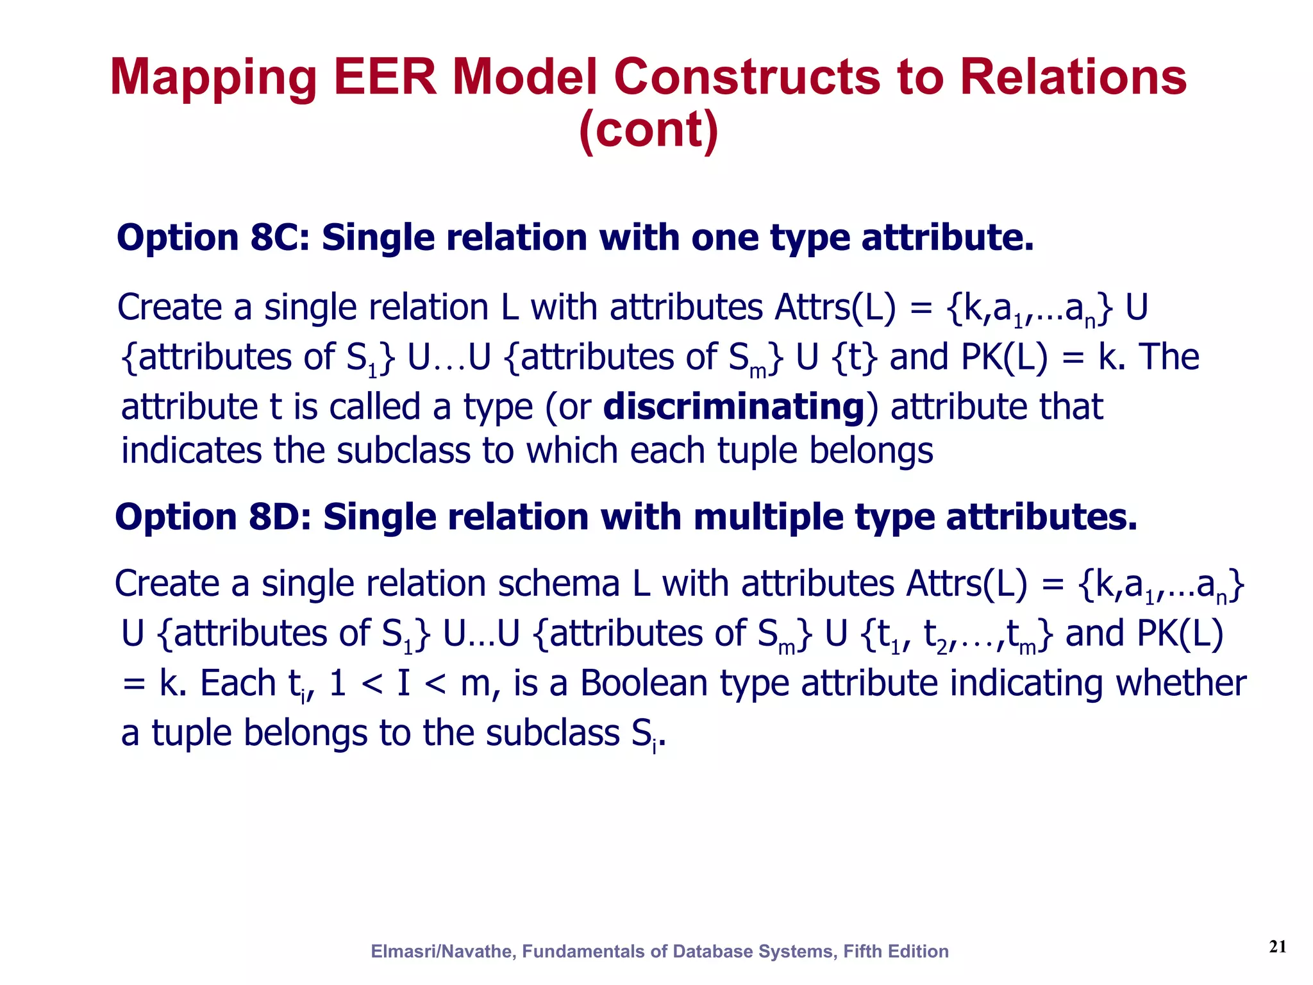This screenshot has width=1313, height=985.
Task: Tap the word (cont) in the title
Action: point(648,130)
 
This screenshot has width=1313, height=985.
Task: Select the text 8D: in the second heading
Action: point(280,517)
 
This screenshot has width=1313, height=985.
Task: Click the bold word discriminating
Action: point(734,407)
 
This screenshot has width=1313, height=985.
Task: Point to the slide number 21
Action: point(1277,947)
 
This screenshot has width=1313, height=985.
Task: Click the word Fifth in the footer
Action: point(862,951)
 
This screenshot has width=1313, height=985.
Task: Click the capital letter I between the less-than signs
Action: point(403,683)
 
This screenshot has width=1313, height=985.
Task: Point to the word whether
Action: point(1181,683)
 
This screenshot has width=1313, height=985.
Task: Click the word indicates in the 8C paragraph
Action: point(191,451)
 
